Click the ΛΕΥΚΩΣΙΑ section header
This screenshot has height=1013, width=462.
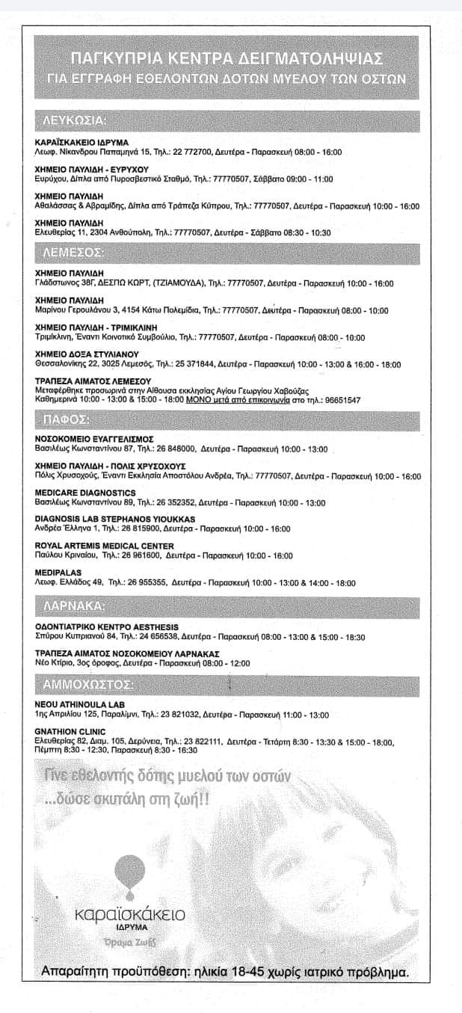point(72,120)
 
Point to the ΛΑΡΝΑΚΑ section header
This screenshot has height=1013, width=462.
point(70,605)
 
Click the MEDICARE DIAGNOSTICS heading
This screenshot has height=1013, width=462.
point(85,493)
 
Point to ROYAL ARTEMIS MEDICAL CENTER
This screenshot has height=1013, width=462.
point(105,546)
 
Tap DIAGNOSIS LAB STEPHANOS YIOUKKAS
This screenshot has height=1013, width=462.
point(115,519)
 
